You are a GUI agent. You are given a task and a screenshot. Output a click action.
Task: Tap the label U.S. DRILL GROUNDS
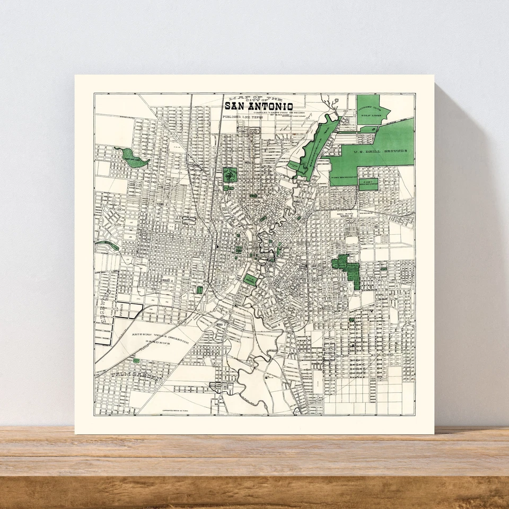[x=382, y=151]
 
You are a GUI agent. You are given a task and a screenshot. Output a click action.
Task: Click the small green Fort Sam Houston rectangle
[x=368, y=184]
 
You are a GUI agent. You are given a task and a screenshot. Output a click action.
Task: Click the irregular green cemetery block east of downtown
[x=347, y=268]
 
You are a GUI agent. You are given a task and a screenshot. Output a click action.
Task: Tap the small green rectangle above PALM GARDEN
[x=136, y=361]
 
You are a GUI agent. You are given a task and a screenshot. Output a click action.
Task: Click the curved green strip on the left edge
[x=109, y=244]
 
